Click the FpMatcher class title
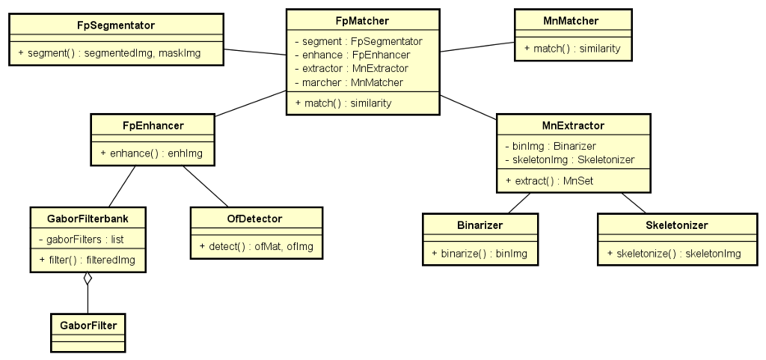coord(362,20)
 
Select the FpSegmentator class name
coord(116,25)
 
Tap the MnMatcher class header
coord(572,20)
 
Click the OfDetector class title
coord(256,219)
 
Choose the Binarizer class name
coord(479,225)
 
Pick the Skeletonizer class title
coord(676,225)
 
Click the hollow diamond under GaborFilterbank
coord(88,279)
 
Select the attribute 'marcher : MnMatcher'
coord(353,82)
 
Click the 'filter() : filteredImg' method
coord(88,260)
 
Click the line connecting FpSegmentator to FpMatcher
coord(254,52)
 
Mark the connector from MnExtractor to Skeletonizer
coord(633,202)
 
